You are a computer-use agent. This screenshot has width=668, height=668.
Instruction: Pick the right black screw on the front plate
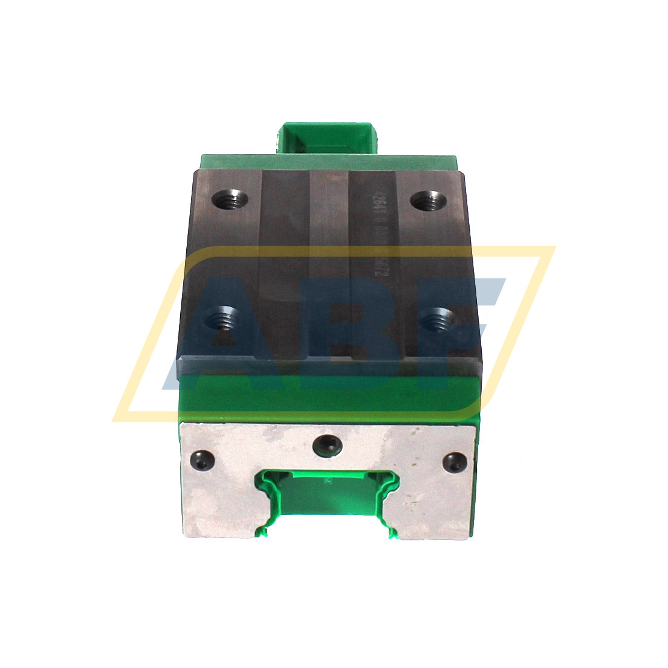coord(455,463)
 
